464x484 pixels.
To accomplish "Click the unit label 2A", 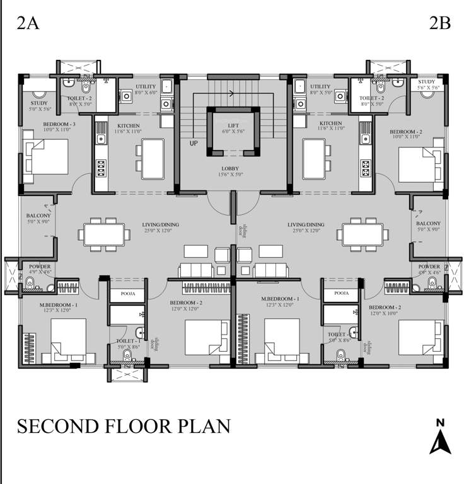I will [x=28, y=23].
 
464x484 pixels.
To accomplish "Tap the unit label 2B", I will [x=439, y=23].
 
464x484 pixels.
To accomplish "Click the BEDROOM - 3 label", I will [x=60, y=124].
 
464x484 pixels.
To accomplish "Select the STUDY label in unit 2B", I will [x=427, y=82].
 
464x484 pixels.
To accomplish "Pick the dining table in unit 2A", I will [x=104, y=234].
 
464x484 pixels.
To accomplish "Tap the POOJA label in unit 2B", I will [x=341, y=294].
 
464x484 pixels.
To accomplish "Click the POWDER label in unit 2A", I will [x=40, y=267].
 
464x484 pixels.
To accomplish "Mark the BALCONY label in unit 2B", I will [x=428, y=224].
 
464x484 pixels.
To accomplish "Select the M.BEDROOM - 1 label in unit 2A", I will [x=50, y=305].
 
